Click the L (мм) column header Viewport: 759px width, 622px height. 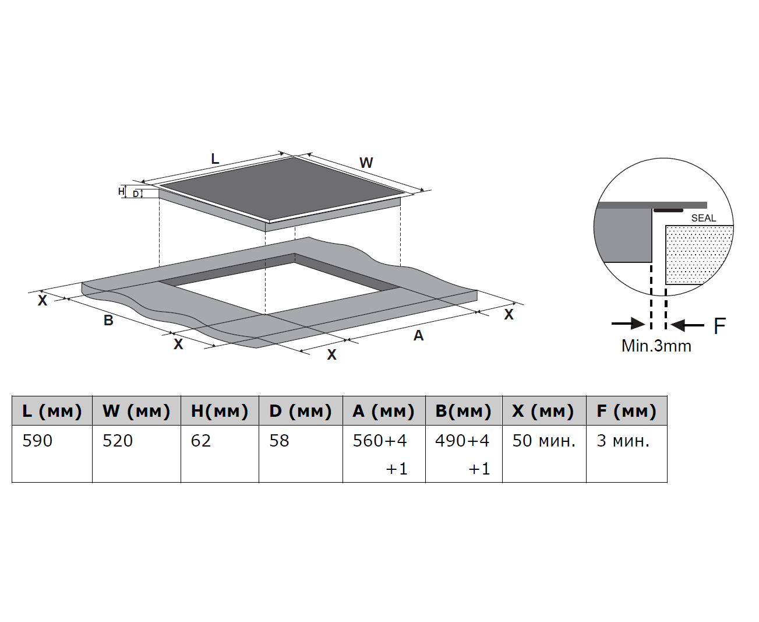[x=52, y=411]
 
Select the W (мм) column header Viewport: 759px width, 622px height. [x=136, y=411]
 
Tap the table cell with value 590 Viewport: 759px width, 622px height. [x=37, y=441]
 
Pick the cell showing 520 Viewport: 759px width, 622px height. [x=118, y=441]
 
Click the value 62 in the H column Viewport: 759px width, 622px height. [x=201, y=441]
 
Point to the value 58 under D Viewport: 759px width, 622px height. [x=279, y=441]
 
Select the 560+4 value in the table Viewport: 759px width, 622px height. [x=380, y=441]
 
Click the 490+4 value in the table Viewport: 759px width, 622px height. [x=462, y=441]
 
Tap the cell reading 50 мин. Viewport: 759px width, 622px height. [x=543, y=441]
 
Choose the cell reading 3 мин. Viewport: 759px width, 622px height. [x=623, y=441]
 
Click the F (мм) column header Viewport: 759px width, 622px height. [x=626, y=411]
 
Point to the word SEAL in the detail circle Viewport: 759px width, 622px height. [x=704, y=218]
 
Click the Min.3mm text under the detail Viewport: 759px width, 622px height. [x=656, y=346]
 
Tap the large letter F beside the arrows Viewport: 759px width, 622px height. [x=720, y=326]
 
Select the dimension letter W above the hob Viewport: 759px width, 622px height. [x=366, y=163]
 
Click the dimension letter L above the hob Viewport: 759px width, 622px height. [x=215, y=159]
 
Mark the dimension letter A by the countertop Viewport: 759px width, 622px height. [x=418, y=335]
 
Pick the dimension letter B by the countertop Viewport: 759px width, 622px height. [x=108, y=320]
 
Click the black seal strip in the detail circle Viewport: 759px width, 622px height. [x=668, y=210]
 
